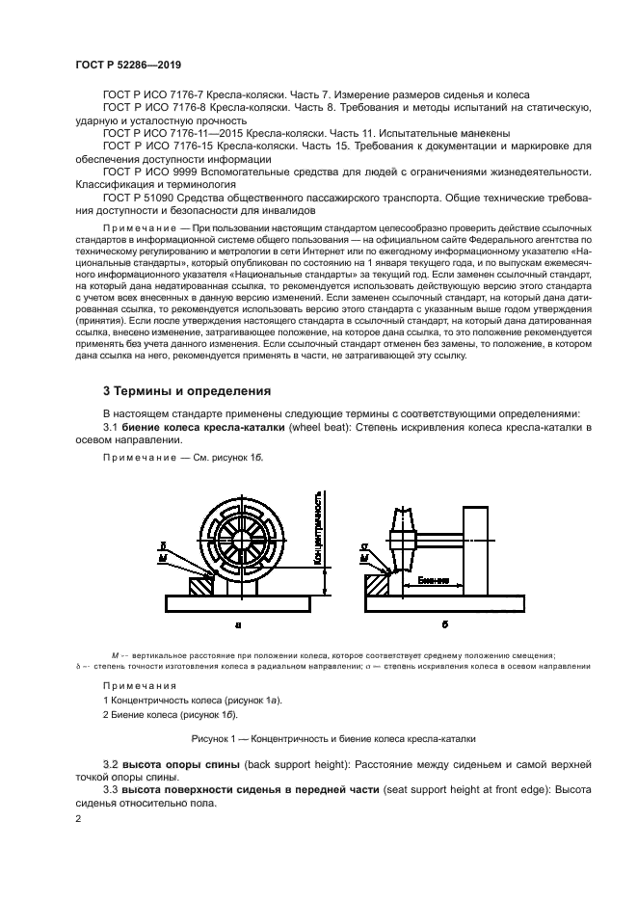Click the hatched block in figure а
[202, 584]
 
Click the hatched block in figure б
[377, 585]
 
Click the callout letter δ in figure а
[163, 545]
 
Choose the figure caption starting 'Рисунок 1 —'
[318, 739]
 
